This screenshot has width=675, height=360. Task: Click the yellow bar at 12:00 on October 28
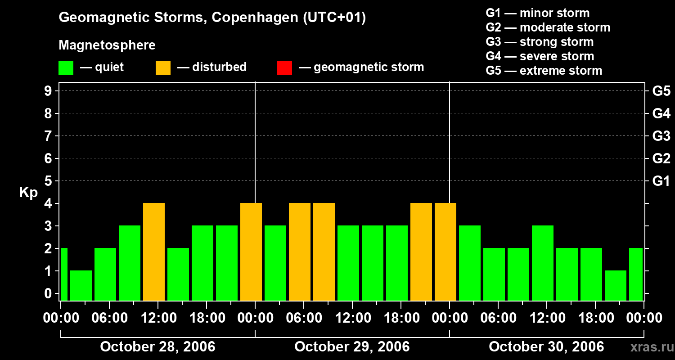pos(154,252)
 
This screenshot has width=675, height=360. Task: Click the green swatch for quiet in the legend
pos(66,68)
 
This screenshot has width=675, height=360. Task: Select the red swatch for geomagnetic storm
pos(285,68)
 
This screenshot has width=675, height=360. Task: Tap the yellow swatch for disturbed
pos(163,68)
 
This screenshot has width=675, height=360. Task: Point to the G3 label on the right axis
pos(661,136)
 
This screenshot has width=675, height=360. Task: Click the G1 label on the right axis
pos(661,181)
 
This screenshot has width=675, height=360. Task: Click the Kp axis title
pos(28,193)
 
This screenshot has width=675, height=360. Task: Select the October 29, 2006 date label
pos(352,347)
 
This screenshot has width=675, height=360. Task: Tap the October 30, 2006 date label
pos(546,347)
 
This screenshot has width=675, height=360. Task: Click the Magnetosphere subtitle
pos(107,45)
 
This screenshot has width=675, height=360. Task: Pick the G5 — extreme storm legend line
pos(544,71)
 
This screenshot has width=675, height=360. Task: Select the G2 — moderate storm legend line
pos(548,27)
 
